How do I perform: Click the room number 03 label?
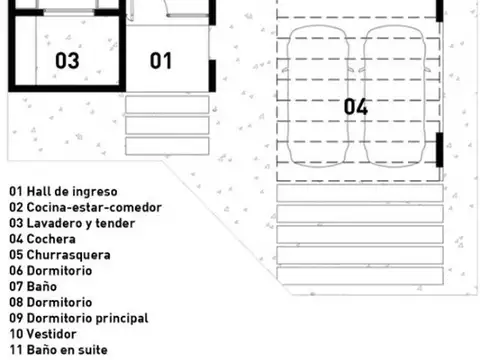67,61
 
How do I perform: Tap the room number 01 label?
161,61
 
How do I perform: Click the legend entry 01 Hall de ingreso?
64,191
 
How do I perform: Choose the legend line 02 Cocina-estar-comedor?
86,207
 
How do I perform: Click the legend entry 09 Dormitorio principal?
79,318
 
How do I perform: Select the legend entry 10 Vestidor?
48,334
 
